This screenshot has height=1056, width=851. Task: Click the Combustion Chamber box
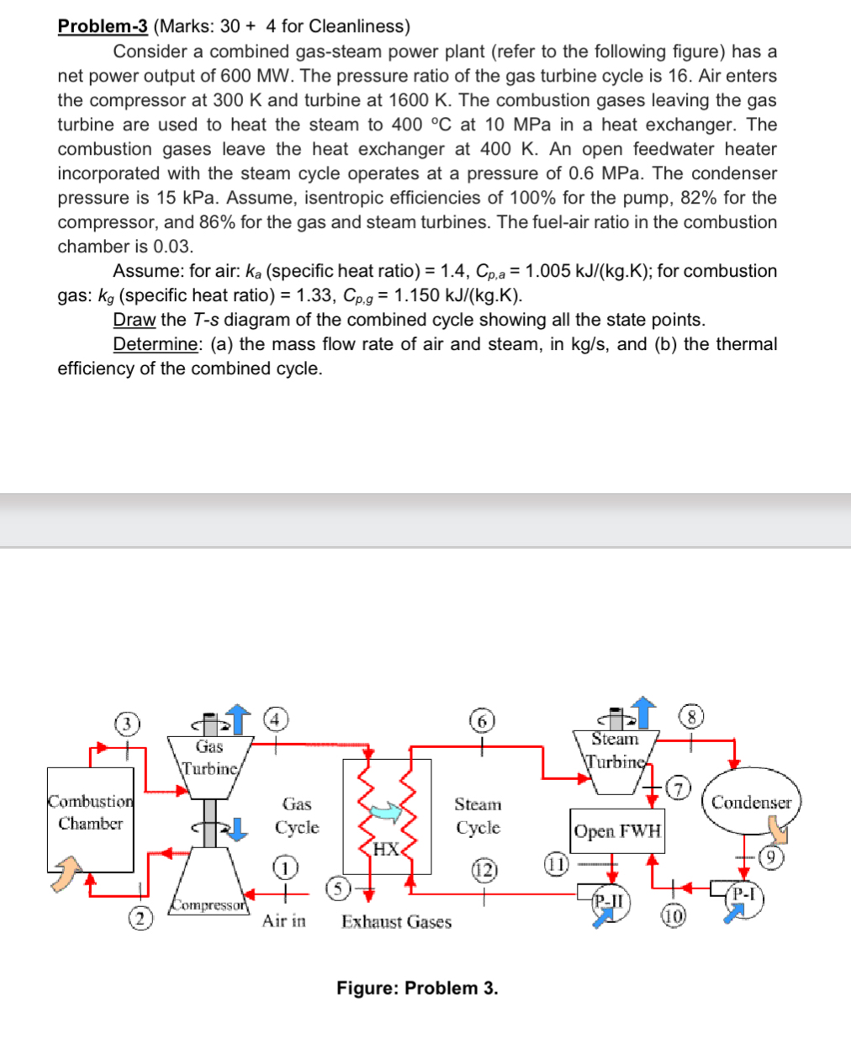coord(90,819)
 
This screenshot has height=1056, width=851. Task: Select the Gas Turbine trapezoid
coord(210,757)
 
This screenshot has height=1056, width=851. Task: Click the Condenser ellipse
coord(751,802)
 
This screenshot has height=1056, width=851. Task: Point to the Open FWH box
coord(617,831)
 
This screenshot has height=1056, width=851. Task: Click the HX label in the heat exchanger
coord(386,848)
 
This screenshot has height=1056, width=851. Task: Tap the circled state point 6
coord(481,721)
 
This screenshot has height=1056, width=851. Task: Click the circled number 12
coord(484,868)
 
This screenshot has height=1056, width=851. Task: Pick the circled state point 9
coord(770,857)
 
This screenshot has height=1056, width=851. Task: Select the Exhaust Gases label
coord(396,922)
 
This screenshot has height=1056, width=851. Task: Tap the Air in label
coord(283,921)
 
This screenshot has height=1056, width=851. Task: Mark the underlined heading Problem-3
coord(103,26)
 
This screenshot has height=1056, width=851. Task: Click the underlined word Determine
coord(156,344)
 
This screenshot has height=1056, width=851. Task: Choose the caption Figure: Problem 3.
coord(417,988)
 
